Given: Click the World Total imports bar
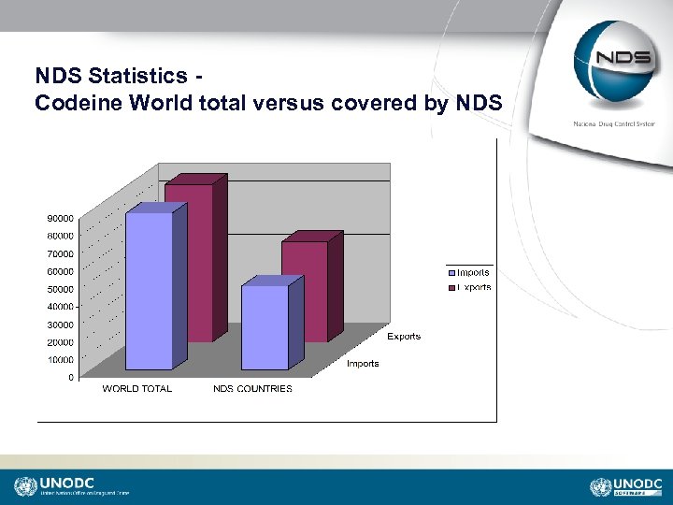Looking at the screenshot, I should [x=149, y=290].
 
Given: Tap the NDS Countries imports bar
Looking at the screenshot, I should [x=265, y=327].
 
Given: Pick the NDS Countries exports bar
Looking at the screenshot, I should [x=306, y=290].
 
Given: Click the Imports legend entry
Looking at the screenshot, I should [x=471, y=272].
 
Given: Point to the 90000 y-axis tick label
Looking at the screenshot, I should [x=62, y=218].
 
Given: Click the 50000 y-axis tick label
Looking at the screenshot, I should [x=62, y=289].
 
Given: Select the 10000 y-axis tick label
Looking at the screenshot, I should [x=62, y=360].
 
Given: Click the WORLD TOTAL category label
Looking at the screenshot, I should [x=137, y=389].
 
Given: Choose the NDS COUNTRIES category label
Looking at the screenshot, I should [x=252, y=389].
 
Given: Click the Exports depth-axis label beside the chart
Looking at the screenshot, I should [x=404, y=337].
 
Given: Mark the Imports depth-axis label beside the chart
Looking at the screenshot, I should [x=363, y=364].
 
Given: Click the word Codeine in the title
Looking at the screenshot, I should [x=79, y=103].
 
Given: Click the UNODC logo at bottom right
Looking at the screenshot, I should [x=626, y=486].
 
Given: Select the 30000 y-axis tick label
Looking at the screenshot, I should [x=62, y=325].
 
